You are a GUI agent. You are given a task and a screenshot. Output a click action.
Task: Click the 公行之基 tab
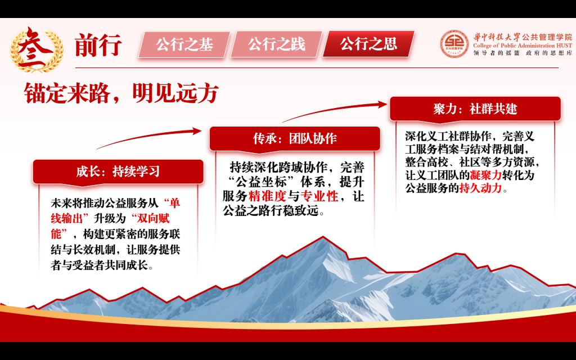pyautogui.click(x=184, y=44)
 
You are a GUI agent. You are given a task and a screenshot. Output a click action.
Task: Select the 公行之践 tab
pyautogui.click(x=276, y=44)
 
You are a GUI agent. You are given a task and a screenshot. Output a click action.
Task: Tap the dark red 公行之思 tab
pyautogui.click(x=368, y=44)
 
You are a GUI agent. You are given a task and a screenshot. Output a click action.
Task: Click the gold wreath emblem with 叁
pyautogui.click(x=37, y=49)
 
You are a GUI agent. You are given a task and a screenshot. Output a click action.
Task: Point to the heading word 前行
pyautogui.click(x=98, y=46)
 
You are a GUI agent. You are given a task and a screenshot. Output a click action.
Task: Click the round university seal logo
pyautogui.click(x=454, y=44)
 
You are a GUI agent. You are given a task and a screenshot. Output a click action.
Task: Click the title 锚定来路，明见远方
pyautogui.click(x=121, y=93)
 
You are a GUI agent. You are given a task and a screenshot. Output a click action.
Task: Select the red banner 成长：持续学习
pyautogui.click(x=118, y=172)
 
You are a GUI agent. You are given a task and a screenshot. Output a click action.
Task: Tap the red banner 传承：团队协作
pyautogui.click(x=295, y=139)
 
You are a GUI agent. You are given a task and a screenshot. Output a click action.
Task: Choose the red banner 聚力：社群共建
pyautogui.click(x=475, y=109)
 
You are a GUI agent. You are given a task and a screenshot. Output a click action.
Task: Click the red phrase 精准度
pyautogui.click(x=267, y=196)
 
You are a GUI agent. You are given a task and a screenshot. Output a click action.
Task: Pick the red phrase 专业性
pyautogui.click(x=319, y=196)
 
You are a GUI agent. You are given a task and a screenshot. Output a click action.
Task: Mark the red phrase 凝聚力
pyautogui.click(x=485, y=175)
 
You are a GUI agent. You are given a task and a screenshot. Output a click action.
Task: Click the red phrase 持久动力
pyautogui.click(x=480, y=188)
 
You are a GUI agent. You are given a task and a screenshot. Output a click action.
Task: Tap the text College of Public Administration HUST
pyautogui.click(x=523, y=46)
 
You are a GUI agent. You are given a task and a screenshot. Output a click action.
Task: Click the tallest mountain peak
pyautogui.click(x=323, y=238)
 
